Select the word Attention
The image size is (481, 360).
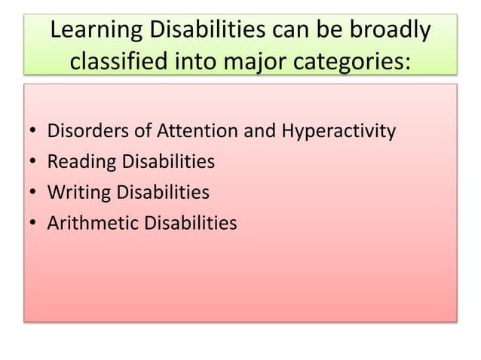[196, 132]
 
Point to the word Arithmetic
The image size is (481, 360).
[93, 223]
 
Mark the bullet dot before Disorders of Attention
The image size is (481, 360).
[32, 133]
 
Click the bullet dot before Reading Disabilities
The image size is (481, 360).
[32, 163]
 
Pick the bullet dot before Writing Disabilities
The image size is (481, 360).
[32, 194]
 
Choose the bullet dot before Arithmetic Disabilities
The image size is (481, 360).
[32, 224]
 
